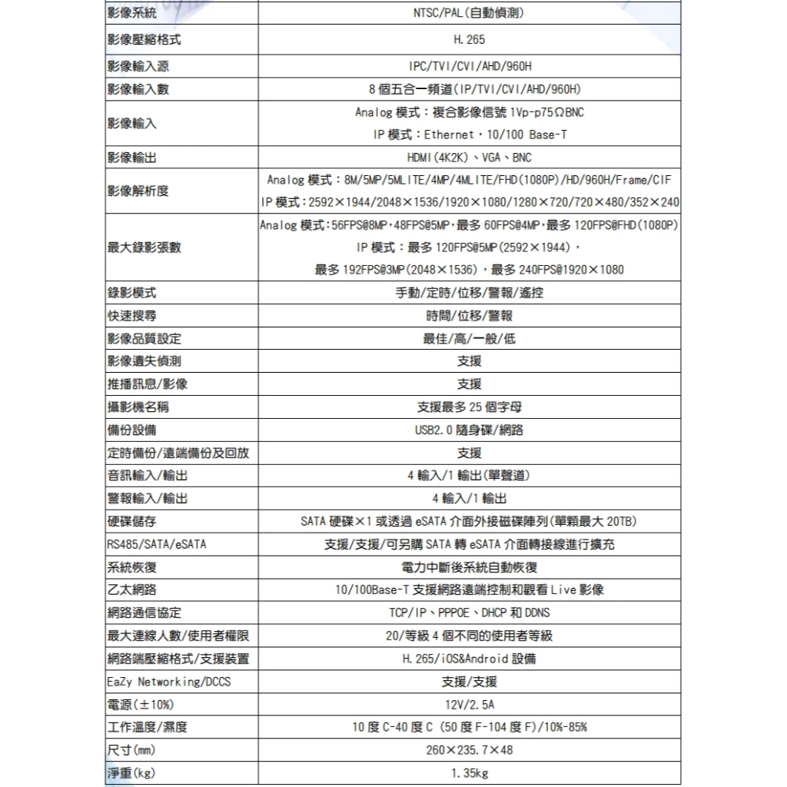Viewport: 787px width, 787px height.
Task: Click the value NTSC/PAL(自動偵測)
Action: coord(469,13)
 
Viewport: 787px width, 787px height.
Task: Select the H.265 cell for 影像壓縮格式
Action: coord(469,39)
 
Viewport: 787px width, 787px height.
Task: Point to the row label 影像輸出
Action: coord(132,158)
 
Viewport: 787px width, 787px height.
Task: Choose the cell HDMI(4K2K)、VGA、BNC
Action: coord(469,158)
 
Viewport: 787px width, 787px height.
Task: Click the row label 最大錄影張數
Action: coord(144,247)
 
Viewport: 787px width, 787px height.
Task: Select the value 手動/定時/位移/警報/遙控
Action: coord(469,293)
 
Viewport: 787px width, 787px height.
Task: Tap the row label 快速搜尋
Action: coord(132,316)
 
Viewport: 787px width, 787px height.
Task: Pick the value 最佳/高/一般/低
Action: coord(469,339)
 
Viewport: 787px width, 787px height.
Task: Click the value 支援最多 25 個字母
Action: coord(469,407)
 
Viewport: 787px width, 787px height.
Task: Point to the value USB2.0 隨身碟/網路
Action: coord(469,430)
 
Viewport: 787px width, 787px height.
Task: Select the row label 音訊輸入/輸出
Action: coord(148,476)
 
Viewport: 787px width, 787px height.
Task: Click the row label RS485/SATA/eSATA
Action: coord(157,545)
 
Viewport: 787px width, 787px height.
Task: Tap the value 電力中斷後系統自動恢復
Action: coord(469,567)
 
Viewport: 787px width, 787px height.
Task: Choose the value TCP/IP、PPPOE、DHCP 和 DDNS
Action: coord(469,613)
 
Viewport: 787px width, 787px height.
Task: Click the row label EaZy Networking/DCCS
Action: coord(169,682)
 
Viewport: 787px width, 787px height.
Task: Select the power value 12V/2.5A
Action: coord(469,704)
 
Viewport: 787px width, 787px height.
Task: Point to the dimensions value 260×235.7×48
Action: coord(469,749)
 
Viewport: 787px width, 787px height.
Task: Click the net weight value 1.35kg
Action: coord(469,772)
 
